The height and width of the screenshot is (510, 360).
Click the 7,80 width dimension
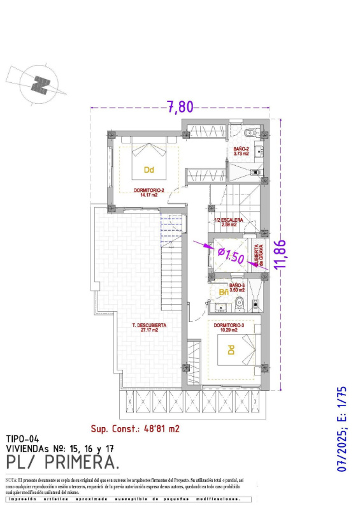pos(180,107)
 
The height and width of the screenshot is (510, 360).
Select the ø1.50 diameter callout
pos(231,256)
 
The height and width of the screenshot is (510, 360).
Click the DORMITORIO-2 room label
pos(149,193)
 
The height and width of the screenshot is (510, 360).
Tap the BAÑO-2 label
pos(241,150)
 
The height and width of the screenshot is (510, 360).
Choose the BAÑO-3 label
pos(237,287)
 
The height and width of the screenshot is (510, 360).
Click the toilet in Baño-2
pos(250,133)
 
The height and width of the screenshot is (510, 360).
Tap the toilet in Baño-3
pos(240,303)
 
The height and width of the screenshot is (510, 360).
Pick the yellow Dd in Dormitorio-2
pos(148,170)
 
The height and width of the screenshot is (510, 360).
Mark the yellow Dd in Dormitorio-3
pos(231,349)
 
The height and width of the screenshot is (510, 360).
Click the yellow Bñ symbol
pos(223,292)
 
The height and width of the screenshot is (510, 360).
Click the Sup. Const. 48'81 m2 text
pos(135,428)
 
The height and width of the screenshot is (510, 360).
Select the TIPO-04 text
pos(23,439)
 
